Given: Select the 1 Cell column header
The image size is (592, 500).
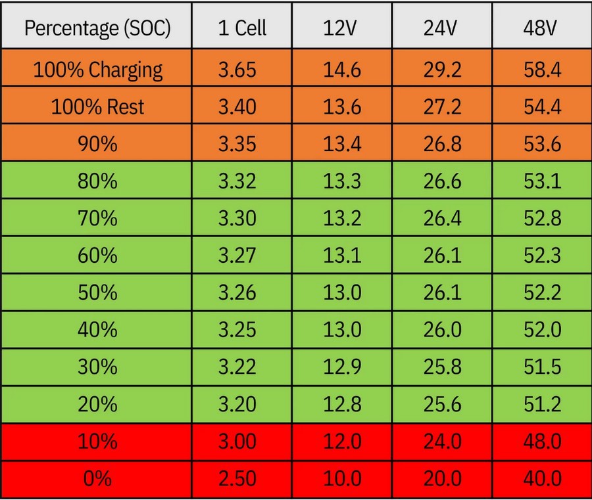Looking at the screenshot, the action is pyautogui.click(x=242, y=28).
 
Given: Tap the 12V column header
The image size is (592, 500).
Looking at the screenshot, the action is pyautogui.click(x=339, y=28).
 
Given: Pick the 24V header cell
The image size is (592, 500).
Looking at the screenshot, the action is pyautogui.click(x=440, y=28).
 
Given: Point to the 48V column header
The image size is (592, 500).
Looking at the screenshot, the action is pyautogui.click(x=540, y=28).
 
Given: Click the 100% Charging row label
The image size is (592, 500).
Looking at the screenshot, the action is pyautogui.click(x=98, y=70).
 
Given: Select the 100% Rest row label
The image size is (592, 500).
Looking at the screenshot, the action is pyautogui.click(x=97, y=106).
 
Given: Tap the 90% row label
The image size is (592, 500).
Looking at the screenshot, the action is pyautogui.click(x=97, y=144).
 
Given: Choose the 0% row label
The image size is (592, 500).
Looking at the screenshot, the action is pyautogui.click(x=97, y=478).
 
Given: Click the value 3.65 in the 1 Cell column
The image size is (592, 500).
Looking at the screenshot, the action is pyautogui.click(x=237, y=70).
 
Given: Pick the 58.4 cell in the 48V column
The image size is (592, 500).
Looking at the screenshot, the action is pyautogui.click(x=542, y=70).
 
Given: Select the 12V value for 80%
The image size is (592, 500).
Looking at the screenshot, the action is pyautogui.click(x=342, y=181).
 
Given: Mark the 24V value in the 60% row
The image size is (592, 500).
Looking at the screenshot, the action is pyautogui.click(x=442, y=256).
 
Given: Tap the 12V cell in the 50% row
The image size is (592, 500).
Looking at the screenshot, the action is pyautogui.click(x=342, y=292).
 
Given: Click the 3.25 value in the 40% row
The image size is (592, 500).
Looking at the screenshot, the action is pyautogui.click(x=237, y=330).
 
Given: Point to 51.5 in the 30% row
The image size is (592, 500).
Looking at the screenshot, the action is pyautogui.click(x=542, y=367).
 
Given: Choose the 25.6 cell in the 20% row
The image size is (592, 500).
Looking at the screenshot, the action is pyautogui.click(x=442, y=404).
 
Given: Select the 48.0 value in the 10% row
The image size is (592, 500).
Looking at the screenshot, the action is pyautogui.click(x=542, y=441).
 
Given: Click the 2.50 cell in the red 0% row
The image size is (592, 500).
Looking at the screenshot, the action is pyautogui.click(x=237, y=478).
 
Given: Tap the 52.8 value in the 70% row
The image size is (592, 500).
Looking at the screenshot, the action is pyautogui.click(x=542, y=218).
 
